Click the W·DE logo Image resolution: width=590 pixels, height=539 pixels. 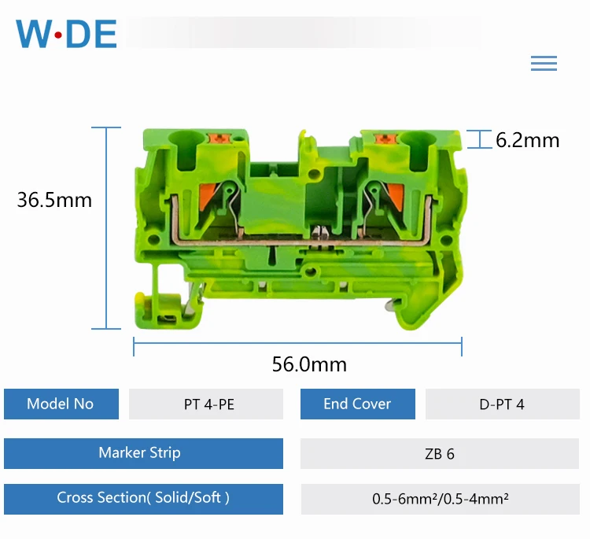tap(67, 34)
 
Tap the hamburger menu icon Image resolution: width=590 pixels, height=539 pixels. tap(544, 64)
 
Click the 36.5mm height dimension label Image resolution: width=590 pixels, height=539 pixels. tap(54, 200)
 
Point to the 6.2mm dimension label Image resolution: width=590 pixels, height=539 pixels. tap(527, 140)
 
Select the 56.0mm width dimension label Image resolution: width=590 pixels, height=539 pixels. tap(309, 364)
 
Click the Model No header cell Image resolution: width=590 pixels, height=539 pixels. tap(61, 404)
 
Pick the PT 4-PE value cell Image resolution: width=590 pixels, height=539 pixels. tap(206, 404)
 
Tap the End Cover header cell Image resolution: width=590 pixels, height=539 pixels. tap(357, 404)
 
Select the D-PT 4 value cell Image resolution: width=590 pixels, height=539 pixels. tap(502, 404)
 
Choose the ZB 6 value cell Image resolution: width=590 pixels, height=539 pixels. tap(440, 454)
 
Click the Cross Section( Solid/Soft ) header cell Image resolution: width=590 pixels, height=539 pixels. tap(143, 498)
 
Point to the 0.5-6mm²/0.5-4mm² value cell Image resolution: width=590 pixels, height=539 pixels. tap(440, 499)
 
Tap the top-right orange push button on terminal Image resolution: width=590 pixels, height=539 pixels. tap(385, 139)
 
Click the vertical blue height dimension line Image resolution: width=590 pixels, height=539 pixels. tap(106, 228)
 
